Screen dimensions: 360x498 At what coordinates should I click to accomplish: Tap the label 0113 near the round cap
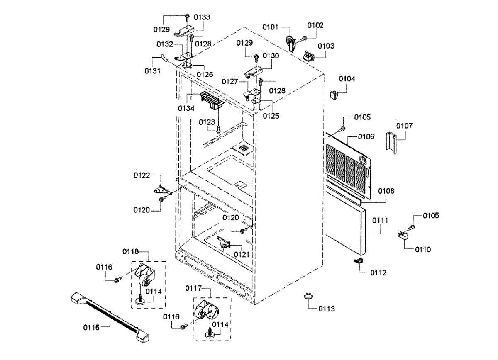coord(327,309)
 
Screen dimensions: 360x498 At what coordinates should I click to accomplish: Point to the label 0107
coord(404,126)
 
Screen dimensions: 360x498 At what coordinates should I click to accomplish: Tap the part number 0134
coord(186,109)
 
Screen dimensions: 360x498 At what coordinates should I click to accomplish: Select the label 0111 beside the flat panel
coord(380,220)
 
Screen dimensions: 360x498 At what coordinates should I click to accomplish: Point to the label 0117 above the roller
coord(193,288)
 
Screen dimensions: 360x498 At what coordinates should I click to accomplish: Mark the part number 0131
coord(152,71)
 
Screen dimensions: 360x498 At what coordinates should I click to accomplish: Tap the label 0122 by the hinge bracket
coord(142,175)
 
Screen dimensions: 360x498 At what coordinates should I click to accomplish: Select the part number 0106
coord(366,136)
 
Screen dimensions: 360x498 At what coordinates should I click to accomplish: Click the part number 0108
coord(386,191)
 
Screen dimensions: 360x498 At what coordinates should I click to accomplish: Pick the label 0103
coord(326,46)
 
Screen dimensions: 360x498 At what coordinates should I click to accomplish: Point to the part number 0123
coord(207,122)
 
